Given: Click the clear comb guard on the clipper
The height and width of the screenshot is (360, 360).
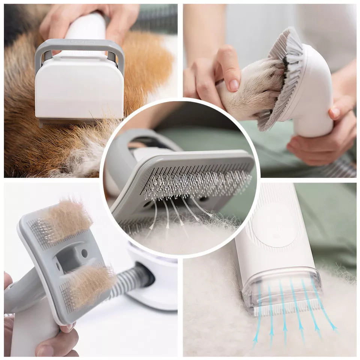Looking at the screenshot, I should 281,289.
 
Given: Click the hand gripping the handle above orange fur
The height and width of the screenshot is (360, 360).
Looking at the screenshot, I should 90,19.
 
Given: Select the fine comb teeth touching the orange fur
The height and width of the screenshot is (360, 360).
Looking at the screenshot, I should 75,122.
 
